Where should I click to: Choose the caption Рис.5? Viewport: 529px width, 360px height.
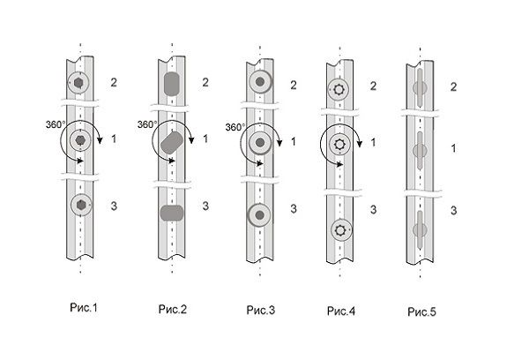(x=422, y=310)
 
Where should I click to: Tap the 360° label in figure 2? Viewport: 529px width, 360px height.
(x=147, y=124)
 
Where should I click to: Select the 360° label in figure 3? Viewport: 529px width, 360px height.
(x=235, y=127)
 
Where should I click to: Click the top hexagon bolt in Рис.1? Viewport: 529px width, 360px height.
(x=79, y=82)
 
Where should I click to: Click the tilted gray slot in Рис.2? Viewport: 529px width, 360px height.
(x=174, y=143)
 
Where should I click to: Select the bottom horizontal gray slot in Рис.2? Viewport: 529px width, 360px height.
(x=172, y=213)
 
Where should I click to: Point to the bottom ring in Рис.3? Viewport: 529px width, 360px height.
(x=259, y=214)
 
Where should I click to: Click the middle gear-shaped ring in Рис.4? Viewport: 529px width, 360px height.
(x=339, y=142)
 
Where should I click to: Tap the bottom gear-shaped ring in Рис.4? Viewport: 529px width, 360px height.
(x=339, y=229)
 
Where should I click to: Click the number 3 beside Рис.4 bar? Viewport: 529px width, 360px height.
(x=372, y=210)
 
